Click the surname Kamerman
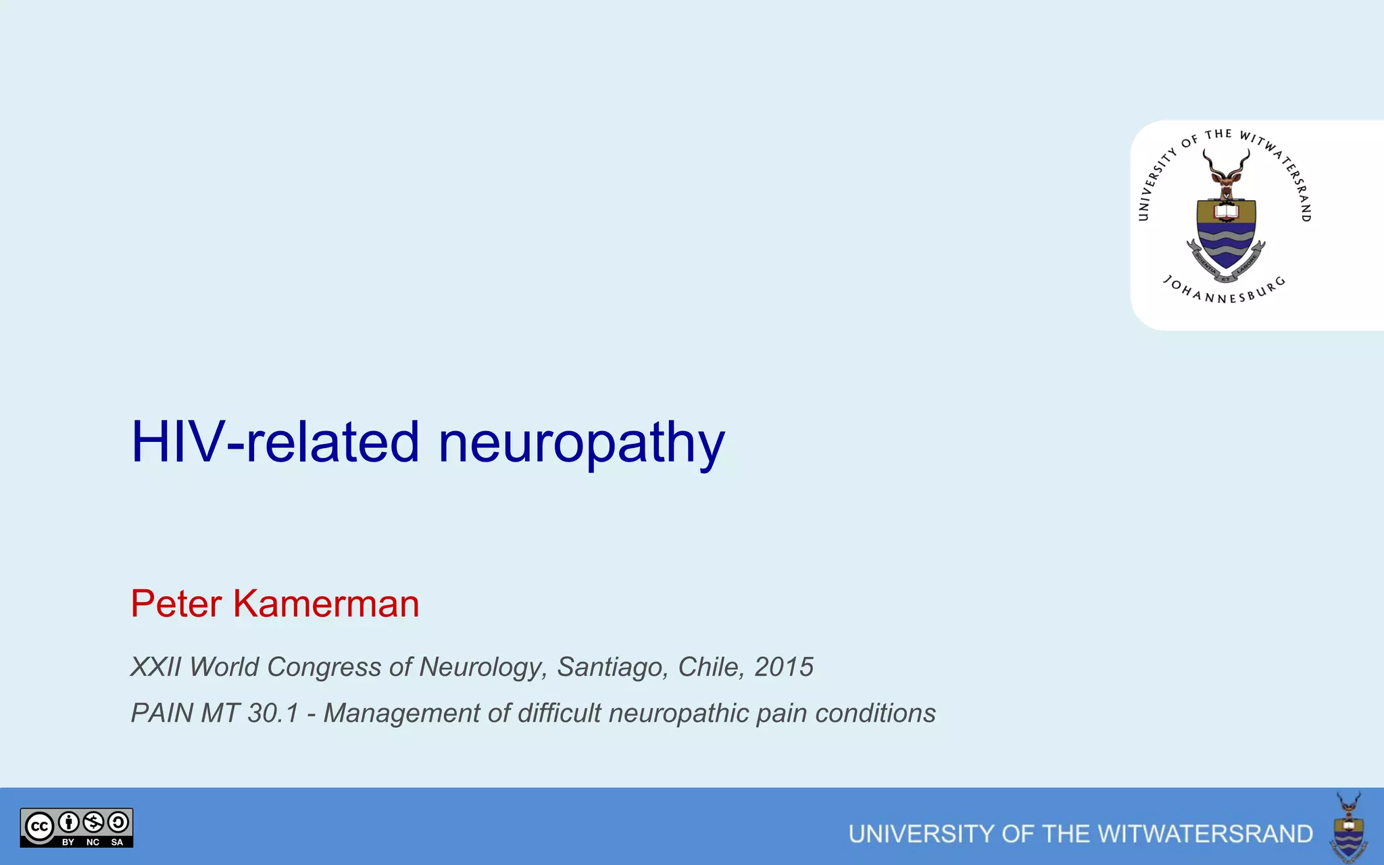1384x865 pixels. pyautogui.click(x=326, y=603)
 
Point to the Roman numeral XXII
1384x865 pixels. pyautogui.click(x=155, y=667)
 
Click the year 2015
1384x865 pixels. pyautogui.click(x=783, y=667)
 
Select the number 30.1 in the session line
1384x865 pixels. pyautogui.click(x=272, y=713)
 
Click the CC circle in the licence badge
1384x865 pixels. pyautogui.click(x=39, y=826)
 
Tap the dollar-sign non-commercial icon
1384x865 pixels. pyautogui.click(x=93, y=822)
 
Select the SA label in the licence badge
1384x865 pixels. pyautogui.click(x=117, y=842)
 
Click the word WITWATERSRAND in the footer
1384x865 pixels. pyautogui.click(x=1177, y=834)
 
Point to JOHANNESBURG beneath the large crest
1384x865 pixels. pyautogui.click(x=1224, y=292)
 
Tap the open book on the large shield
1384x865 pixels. pyautogui.click(x=1226, y=212)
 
